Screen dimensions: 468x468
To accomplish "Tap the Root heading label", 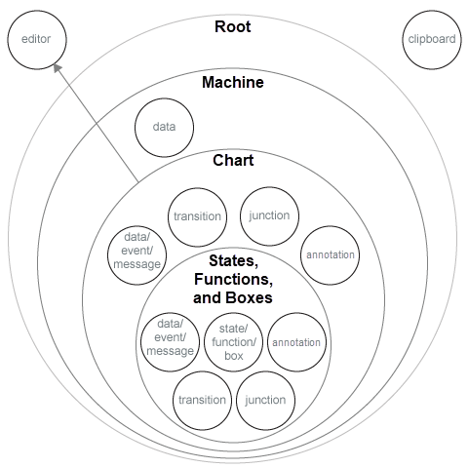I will pos(232,26).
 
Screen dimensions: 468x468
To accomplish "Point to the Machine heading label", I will pos(232,83).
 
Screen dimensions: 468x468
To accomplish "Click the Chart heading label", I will pos(233,159).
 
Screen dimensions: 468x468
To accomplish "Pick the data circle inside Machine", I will pos(164,127).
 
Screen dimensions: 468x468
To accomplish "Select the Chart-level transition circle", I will pos(197,216).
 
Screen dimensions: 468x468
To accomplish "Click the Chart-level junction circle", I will pos(269,216).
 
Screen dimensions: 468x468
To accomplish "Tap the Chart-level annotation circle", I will pos(330,254).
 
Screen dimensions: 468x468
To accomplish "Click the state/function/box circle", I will pos(232,341).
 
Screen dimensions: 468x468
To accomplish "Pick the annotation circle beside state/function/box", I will pos(295,342).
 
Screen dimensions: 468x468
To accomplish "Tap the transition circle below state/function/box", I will pos(202,400).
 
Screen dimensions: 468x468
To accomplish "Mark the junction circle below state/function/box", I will pos(265,400).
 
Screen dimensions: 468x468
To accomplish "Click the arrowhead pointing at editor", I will pos(57,68).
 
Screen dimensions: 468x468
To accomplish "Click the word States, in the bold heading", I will pos(233,262).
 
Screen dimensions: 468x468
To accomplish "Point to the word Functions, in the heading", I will pos(233,280).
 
